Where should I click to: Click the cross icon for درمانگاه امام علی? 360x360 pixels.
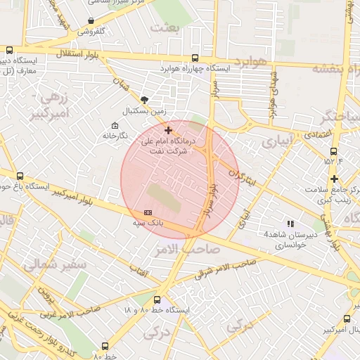tap(167, 130)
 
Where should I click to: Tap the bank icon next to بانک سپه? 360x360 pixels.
tap(147, 212)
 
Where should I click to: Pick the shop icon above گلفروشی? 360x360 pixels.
tap(91, 21)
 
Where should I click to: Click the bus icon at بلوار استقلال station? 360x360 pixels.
tap(10, 50)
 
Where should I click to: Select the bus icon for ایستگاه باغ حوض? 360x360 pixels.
tap(19, 176)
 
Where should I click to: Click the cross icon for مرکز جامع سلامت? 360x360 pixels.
tap(334, 179)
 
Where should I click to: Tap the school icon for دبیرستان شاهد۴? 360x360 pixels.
tap(291, 224)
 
